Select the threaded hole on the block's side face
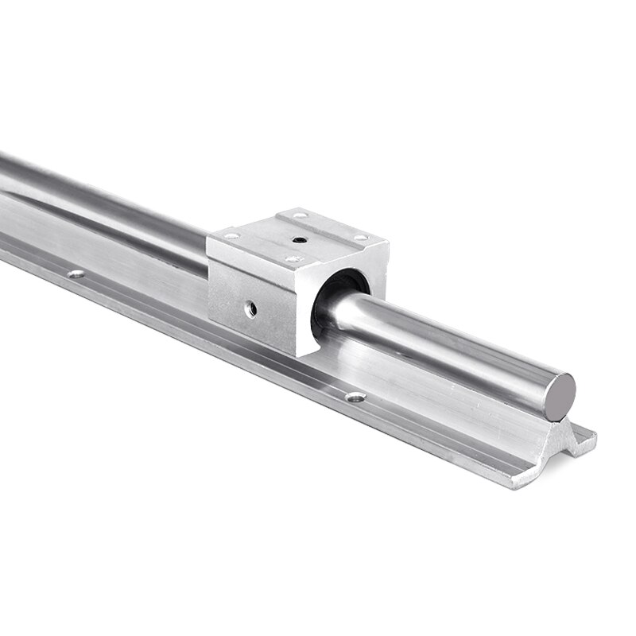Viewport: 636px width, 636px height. tap(250, 310)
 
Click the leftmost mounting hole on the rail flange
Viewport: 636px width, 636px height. tap(76, 274)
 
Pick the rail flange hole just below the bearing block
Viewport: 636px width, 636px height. tap(355, 396)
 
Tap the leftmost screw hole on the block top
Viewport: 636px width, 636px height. tap(231, 236)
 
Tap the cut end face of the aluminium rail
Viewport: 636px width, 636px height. tap(549, 453)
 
